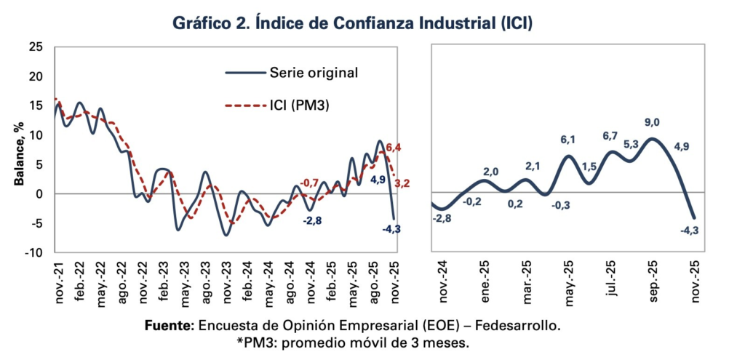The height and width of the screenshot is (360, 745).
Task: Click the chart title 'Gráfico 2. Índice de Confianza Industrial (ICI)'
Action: click(x=353, y=23)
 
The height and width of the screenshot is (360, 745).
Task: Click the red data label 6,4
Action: click(x=393, y=148)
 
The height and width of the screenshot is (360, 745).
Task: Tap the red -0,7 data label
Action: click(x=310, y=182)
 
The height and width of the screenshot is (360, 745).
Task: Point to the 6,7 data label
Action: click(x=610, y=136)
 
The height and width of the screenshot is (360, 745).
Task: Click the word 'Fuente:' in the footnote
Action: click(x=169, y=325)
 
